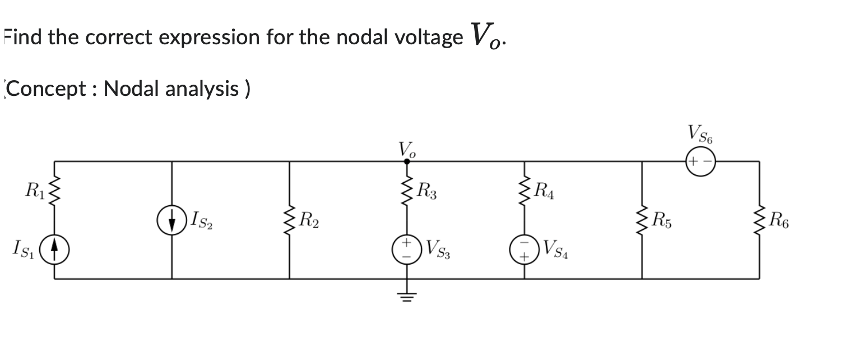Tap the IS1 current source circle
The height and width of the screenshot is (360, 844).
coord(54,248)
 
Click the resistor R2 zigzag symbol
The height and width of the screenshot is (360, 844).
coord(289,220)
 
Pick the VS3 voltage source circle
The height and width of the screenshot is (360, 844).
coord(407,248)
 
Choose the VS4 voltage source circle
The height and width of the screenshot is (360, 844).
coord(525,248)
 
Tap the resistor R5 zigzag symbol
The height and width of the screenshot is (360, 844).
coord(642,220)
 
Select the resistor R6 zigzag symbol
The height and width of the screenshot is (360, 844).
coord(759,220)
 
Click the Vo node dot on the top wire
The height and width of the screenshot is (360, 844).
coord(407,161)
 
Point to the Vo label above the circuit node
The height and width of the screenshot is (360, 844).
coord(406,149)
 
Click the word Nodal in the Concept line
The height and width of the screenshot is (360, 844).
coord(132,89)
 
